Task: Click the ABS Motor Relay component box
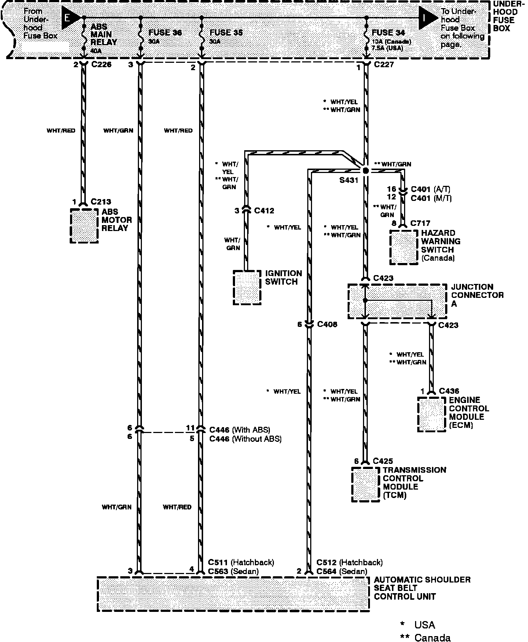[x=84, y=226]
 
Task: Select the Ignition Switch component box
[x=247, y=288]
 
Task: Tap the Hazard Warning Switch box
[x=404, y=247]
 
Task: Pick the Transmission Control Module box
[x=366, y=484]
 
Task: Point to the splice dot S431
[x=365, y=171]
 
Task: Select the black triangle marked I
[x=427, y=18]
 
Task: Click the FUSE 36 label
[x=165, y=33]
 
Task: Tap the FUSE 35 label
[x=226, y=33]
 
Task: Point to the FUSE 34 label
[x=388, y=33]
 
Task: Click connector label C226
[x=101, y=65]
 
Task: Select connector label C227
[x=384, y=65]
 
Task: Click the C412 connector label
[x=264, y=211]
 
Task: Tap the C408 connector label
[x=327, y=324]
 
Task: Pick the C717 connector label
[x=420, y=223]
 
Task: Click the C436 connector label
[x=449, y=391]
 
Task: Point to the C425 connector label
[x=383, y=461]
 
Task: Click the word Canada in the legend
[x=432, y=638]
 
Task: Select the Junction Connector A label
[x=477, y=295]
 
